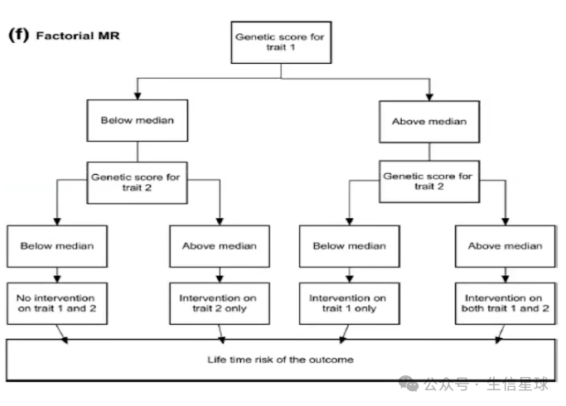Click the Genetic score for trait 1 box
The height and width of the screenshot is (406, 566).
point(281,42)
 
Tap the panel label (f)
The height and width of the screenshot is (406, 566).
point(18,35)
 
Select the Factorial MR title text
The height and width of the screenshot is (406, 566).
point(78,36)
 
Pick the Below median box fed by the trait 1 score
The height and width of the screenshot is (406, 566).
point(138,120)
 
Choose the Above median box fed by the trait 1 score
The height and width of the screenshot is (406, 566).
point(429,122)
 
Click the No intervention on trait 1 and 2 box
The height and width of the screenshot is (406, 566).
point(57,303)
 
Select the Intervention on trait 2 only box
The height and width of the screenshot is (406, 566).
point(220,303)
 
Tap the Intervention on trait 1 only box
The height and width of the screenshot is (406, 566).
point(350,303)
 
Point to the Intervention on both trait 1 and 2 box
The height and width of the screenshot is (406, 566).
point(505,303)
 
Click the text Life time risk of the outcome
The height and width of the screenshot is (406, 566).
point(280,360)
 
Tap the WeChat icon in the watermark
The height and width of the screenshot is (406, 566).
point(409,384)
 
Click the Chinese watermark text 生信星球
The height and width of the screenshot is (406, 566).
point(518,384)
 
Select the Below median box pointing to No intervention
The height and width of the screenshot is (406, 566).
point(57,246)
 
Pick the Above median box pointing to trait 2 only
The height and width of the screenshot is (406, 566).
point(220,246)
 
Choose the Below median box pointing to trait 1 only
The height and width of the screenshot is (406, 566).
point(350,246)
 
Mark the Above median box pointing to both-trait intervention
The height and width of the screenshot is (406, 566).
point(505,246)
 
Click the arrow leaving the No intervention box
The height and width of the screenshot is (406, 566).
point(61,334)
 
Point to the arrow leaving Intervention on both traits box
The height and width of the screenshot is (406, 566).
point(501,334)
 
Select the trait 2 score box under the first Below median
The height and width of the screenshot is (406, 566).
point(138,182)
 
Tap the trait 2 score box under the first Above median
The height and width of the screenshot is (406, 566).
point(429,181)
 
